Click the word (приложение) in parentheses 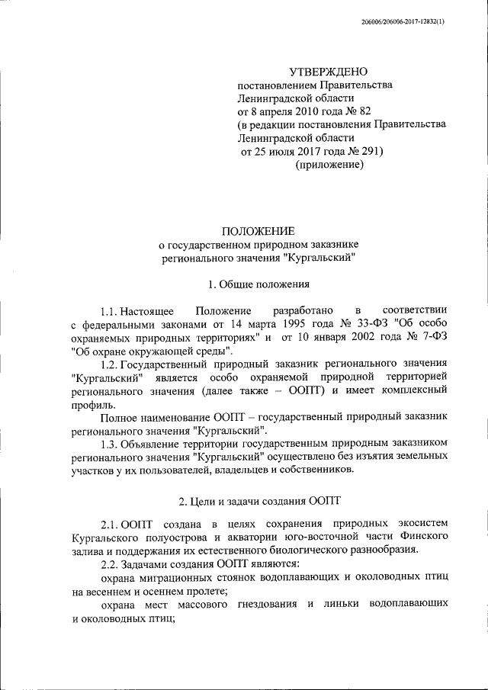click(326, 165)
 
